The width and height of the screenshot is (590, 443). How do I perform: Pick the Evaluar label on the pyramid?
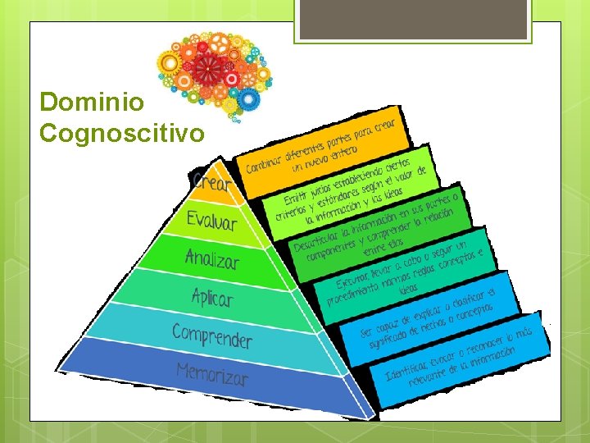click(211, 220)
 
